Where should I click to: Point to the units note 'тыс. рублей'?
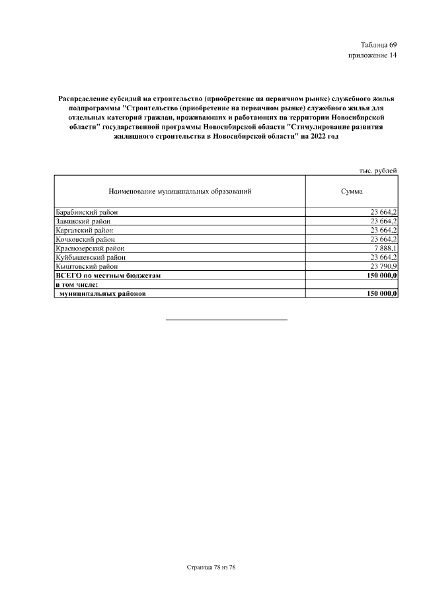377,170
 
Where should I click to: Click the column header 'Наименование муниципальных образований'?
180,191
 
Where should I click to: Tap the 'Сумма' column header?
351,191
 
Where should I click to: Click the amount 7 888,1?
384,248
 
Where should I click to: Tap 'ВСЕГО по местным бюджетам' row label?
108,275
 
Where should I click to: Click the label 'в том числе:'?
77,284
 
